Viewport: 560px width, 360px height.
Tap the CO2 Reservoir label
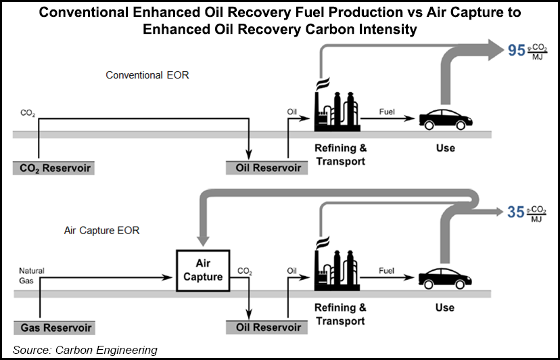[53, 167]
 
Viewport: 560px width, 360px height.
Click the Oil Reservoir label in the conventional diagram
[264, 167]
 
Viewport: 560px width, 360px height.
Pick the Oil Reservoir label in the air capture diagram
[264, 328]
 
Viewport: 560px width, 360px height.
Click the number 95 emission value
[516, 50]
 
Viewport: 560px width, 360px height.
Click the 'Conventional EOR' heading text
[147, 75]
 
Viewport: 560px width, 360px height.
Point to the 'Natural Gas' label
[31, 275]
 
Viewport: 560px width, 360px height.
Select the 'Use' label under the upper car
[445, 148]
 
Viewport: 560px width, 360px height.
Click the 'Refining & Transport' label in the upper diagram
[340, 154]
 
